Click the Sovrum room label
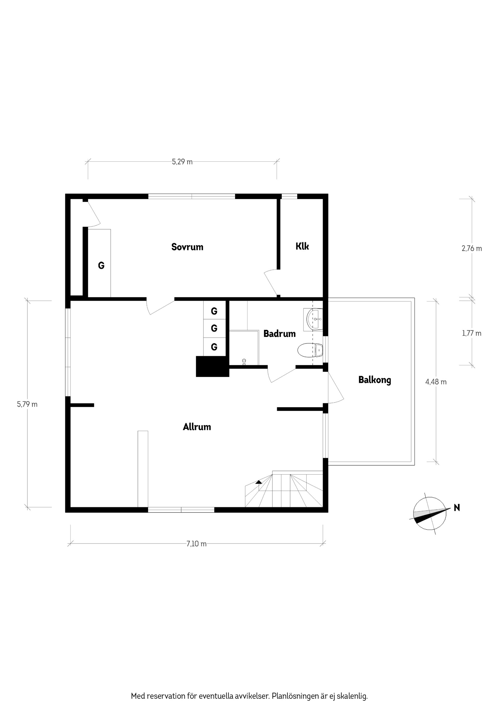187,247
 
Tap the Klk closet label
302,246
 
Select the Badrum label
279,334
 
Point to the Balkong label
375,380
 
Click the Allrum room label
197,427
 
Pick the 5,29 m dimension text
182,162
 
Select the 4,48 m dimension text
436,382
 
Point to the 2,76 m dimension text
472,249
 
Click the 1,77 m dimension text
472,333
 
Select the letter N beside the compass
457,508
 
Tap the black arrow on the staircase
259,482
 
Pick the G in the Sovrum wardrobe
101,265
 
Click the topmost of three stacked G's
214,311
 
